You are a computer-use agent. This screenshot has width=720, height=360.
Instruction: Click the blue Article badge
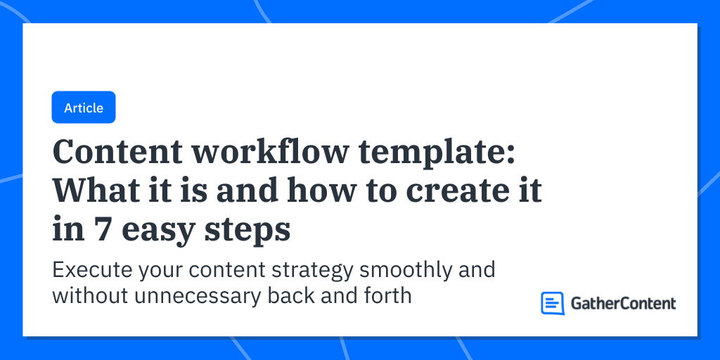pos(84,108)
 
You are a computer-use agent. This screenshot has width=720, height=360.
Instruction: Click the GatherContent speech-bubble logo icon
pos(553,303)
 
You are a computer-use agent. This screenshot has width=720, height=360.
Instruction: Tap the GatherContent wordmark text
pos(622,303)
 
